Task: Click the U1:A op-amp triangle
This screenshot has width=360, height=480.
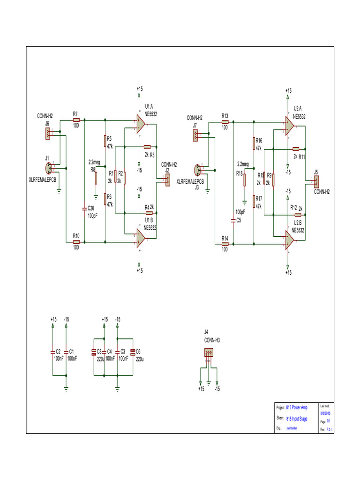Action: [140, 124]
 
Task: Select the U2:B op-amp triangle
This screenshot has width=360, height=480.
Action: [289, 240]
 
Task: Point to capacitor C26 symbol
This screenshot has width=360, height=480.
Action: [84, 208]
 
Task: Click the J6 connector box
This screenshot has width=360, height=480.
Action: [48, 134]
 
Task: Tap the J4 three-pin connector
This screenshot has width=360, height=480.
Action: [209, 353]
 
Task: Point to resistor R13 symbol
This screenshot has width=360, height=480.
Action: [225, 122]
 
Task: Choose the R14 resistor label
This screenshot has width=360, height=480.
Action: [225, 238]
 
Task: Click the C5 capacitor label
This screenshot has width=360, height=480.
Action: [239, 220]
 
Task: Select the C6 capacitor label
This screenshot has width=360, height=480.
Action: [139, 351]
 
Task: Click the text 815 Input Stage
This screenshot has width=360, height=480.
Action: [297, 419]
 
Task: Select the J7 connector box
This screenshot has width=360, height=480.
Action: [195, 136]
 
